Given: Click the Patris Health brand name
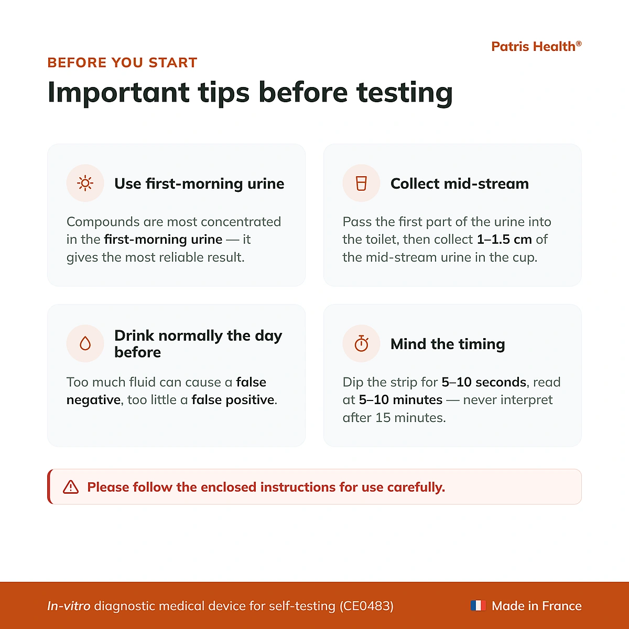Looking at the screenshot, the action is pyautogui.click(x=536, y=47).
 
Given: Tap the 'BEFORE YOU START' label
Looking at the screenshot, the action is pyautogui.click(x=123, y=63).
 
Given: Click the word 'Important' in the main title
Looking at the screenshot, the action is pyautogui.click(x=118, y=93).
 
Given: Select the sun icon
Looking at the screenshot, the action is pyautogui.click(x=85, y=183).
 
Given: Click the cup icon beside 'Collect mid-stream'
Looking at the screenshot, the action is pyautogui.click(x=361, y=183).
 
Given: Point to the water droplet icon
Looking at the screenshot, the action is pyautogui.click(x=85, y=343).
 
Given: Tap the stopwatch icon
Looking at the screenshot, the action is pyautogui.click(x=361, y=343).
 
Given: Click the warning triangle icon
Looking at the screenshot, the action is pyautogui.click(x=71, y=487).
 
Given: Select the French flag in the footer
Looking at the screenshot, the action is pyautogui.click(x=478, y=606).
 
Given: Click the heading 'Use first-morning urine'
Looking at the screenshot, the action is pyautogui.click(x=199, y=184).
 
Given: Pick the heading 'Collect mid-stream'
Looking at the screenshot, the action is pyautogui.click(x=460, y=184).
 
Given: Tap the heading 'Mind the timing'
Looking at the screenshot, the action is pyautogui.click(x=448, y=344).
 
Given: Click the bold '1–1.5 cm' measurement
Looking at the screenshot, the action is pyautogui.click(x=504, y=239).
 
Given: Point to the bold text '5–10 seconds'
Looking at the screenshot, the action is pyautogui.click(x=484, y=382).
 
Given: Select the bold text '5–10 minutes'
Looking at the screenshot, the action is pyautogui.click(x=400, y=399).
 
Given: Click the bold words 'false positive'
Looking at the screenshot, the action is pyautogui.click(x=233, y=400).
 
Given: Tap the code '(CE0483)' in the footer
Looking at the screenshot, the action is pyautogui.click(x=366, y=606).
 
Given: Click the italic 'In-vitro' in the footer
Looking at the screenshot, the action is pyautogui.click(x=69, y=606).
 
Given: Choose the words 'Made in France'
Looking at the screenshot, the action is pyautogui.click(x=537, y=606).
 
